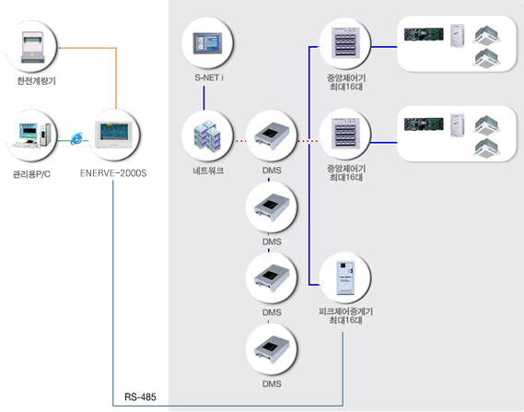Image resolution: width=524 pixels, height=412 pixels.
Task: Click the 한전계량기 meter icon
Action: [x=32, y=46]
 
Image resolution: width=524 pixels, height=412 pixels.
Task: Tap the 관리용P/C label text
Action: [x=31, y=174]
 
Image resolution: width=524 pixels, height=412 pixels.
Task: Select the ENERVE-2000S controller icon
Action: [x=113, y=135]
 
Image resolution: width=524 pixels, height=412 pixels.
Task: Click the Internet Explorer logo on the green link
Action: [x=76, y=138]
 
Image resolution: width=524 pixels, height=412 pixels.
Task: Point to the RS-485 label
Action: [x=140, y=397]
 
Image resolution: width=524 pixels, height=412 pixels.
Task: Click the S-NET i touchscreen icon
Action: [x=207, y=43]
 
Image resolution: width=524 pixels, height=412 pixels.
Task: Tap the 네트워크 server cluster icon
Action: [x=207, y=136]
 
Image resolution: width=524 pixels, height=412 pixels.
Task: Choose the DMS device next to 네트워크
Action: [x=272, y=136]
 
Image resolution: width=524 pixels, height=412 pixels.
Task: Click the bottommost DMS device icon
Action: [x=272, y=350]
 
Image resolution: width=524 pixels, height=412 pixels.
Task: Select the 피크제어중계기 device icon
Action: [x=345, y=277]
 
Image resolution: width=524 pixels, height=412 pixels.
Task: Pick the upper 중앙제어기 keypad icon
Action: [x=345, y=42]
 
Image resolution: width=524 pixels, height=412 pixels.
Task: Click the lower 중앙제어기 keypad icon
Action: [x=345, y=133]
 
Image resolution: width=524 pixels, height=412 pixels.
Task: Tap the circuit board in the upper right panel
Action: [x=424, y=34]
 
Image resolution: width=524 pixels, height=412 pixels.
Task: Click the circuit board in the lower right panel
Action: [x=424, y=124]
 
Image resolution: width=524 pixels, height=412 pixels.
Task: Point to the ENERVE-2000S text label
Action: [x=113, y=173]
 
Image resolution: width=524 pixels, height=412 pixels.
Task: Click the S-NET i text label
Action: [x=209, y=77]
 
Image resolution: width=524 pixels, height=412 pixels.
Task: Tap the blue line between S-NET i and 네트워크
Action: [x=204, y=98]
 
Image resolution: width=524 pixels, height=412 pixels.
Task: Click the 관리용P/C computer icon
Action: [x=31, y=135]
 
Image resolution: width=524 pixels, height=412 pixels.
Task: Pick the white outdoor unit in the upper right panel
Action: [x=457, y=35]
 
